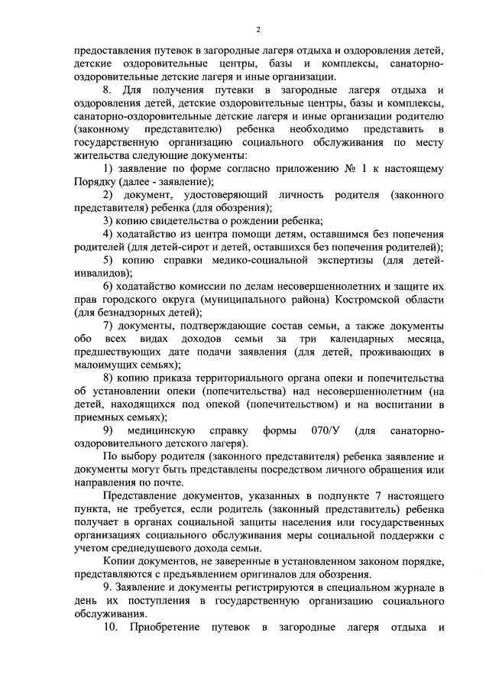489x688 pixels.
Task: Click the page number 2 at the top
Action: (258, 29)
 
